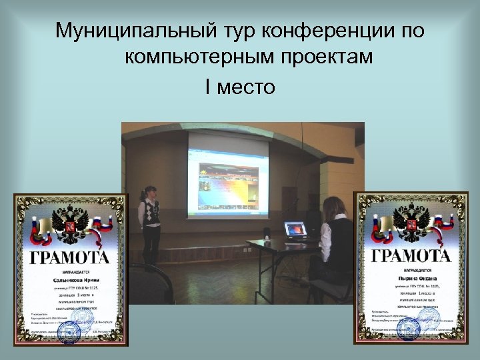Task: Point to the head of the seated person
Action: pos(333,208)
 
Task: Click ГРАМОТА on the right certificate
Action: pos(411,256)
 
